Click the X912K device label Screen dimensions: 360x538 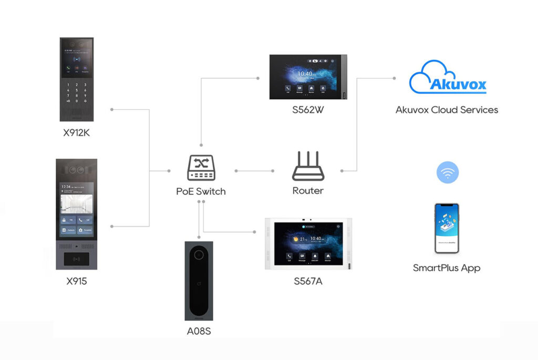point(77,132)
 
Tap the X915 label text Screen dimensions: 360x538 point(77,281)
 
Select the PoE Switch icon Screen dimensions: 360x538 point(201,168)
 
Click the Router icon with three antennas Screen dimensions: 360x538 point(307,167)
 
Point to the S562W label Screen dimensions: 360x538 point(307,111)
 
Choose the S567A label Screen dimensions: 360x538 point(308,282)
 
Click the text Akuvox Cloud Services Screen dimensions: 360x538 point(447,110)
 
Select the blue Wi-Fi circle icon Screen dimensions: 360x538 point(448,172)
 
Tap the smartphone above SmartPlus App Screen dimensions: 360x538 point(447,228)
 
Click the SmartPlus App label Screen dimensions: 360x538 point(447,268)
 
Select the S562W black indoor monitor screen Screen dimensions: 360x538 point(306,77)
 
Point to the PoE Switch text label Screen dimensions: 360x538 point(201,191)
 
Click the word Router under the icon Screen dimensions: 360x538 point(308,191)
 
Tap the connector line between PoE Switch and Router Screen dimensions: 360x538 point(255,171)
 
